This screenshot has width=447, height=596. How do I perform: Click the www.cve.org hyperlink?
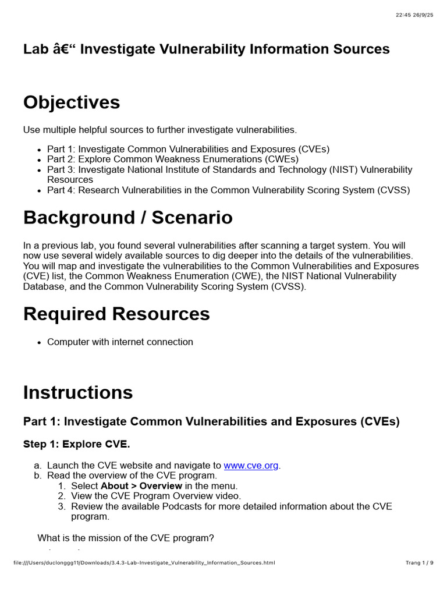(x=251, y=466)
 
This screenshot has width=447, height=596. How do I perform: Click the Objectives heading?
(x=72, y=102)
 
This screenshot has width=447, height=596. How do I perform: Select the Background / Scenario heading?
(x=127, y=218)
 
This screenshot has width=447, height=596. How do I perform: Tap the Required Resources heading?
(x=116, y=314)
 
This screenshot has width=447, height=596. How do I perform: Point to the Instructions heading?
(x=78, y=392)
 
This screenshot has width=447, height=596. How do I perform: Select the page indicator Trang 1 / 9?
(x=419, y=563)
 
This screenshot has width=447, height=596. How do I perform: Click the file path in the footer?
(x=143, y=563)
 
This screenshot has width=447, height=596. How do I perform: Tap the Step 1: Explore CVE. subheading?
(x=77, y=444)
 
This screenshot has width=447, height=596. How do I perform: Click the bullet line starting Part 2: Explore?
(x=173, y=159)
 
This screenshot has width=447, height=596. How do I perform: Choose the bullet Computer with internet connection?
(x=120, y=342)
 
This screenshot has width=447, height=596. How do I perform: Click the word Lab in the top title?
(x=33, y=49)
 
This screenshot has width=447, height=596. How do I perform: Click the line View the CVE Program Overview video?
(x=156, y=496)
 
